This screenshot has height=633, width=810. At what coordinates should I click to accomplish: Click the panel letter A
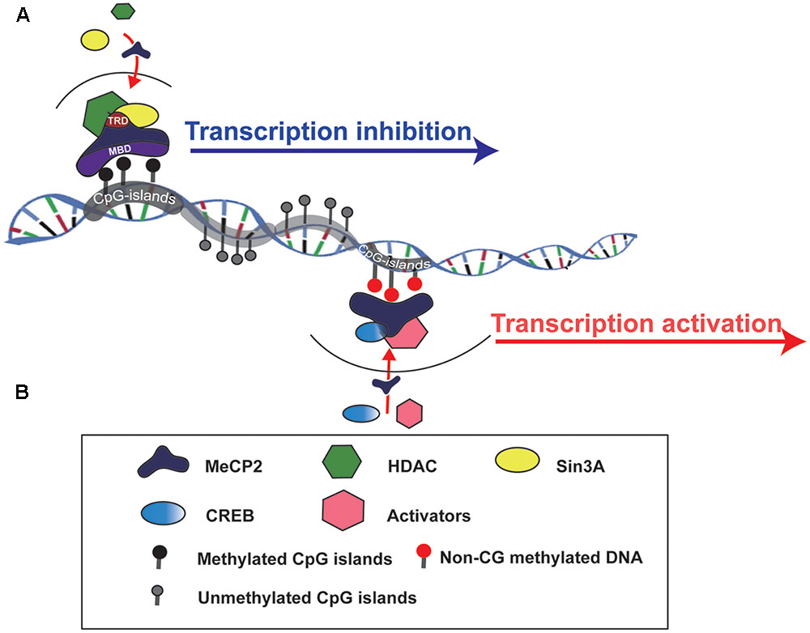pos(23,15)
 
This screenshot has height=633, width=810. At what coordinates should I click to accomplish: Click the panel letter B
pos(23,393)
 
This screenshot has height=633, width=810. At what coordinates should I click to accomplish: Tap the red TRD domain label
pos(116,121)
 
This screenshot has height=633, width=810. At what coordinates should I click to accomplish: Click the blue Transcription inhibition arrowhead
pos(485,151)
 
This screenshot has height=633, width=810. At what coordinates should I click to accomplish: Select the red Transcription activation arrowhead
pos(793,342)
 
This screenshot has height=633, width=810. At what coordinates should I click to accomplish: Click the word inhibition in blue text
pos(413,131)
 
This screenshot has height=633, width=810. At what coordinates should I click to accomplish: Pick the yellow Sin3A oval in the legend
pos(517,460)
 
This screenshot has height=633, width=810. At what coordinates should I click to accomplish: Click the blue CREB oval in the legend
pos(162,514)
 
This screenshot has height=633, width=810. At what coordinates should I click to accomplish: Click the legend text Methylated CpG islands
pos(295,559)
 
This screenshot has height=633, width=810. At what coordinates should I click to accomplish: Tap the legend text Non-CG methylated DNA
pos(541,557)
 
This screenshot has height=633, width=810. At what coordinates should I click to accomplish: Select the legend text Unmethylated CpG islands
pos(307,597)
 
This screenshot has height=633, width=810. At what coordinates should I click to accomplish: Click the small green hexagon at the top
pos(124,11)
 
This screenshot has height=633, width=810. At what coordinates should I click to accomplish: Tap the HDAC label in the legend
pos(412,466)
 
